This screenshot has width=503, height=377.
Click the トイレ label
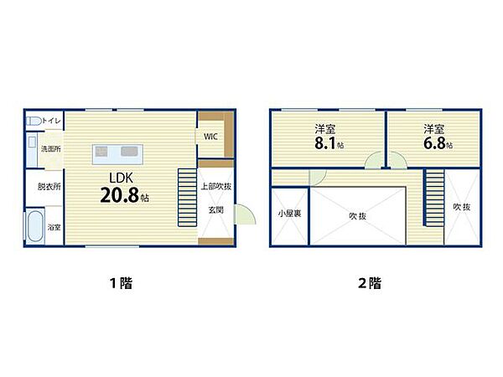tap(49, 121)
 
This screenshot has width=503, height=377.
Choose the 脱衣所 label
tap(49, 186)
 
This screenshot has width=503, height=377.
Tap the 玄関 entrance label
tap(215, 209)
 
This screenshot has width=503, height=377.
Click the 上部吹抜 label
tap(215, 186)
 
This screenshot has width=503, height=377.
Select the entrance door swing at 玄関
tap(242, 214)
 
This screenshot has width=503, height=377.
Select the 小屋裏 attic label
tap(289, 214)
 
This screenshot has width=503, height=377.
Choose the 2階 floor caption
tap(369, 282)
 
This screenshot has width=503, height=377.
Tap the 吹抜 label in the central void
tap(358, 215)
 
